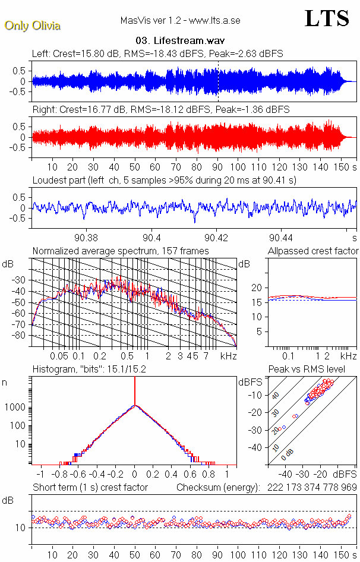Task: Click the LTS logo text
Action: [326, 19]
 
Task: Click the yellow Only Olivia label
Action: [32, 26]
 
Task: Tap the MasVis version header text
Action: [180, 21]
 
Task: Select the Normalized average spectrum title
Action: [121, 251]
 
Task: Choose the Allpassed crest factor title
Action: [313, 251]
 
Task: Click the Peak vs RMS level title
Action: [315, 370]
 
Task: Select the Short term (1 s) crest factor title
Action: [90, 488]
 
